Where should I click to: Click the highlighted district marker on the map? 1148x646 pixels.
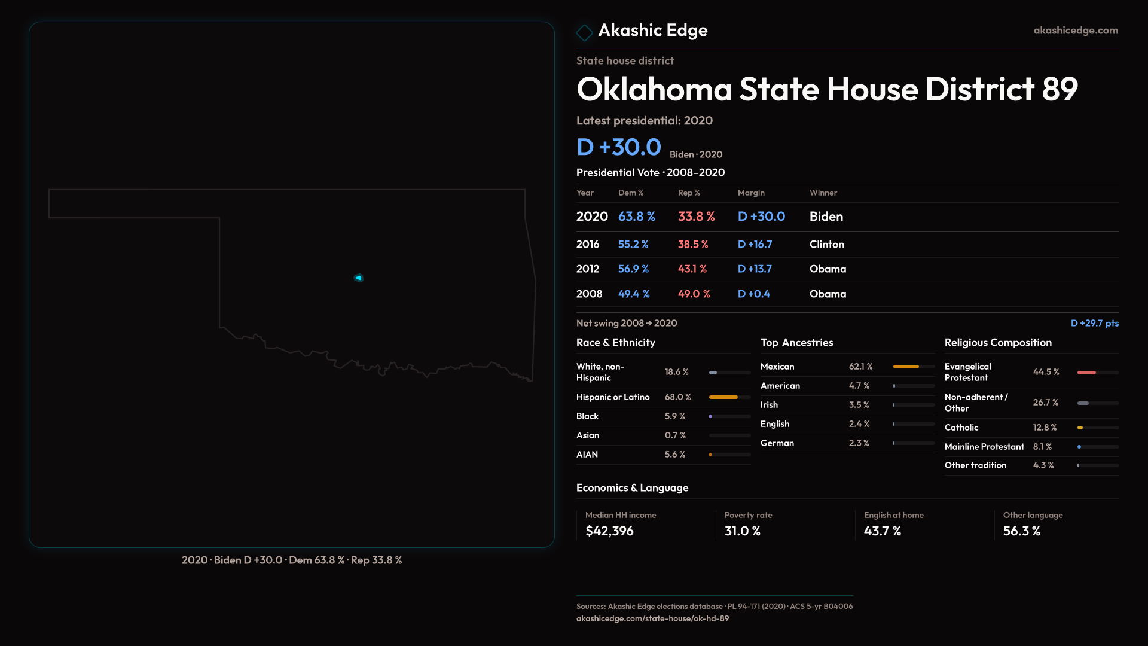[359, 278]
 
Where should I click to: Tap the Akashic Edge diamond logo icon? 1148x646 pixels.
[584, 32]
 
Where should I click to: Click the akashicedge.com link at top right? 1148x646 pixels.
[1075, 30]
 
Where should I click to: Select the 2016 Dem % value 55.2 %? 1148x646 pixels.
[633, 244]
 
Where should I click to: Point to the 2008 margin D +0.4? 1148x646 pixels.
[753, 294]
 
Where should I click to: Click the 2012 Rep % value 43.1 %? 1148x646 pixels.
[692, 269]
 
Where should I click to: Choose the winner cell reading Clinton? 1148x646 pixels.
[826, 244]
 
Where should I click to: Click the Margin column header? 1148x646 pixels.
[751, 193]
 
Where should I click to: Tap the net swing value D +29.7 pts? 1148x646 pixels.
[1094, 323]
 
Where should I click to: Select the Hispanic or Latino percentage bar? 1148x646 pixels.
[723, 397]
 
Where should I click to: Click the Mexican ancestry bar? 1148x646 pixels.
[906, 367]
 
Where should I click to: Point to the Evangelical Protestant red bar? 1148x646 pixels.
[1086, 373]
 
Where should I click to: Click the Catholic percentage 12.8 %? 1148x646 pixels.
[1045, 428]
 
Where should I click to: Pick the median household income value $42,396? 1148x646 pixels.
[609, 531]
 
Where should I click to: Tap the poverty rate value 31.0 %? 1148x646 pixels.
[742, 531]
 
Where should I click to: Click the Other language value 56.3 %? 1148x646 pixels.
[1021, 531]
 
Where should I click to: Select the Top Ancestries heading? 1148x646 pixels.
[796, 342]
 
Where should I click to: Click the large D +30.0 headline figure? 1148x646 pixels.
[618, 147]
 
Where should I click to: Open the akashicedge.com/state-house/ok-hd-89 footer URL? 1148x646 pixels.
[652, 618]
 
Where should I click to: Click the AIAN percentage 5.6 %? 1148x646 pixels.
[674, 455]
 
